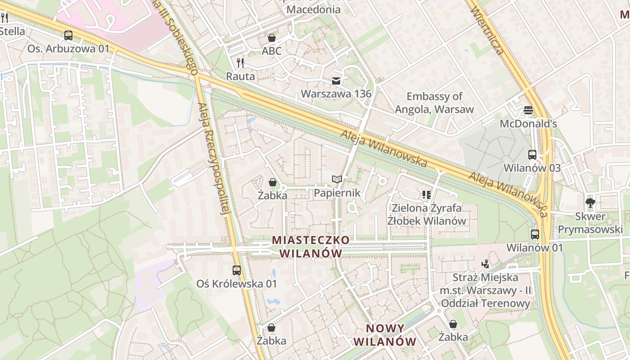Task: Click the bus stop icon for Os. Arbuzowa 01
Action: [x=68, y=35]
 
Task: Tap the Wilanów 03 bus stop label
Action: [x=532, y=168]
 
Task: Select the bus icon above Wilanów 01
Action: [x=535, y=234]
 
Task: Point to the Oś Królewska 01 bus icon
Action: [x=237, y=270]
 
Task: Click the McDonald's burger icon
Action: [x=528, y=110]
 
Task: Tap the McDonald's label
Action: [x=528, y=124]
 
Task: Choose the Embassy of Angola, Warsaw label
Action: [x=434, y=103]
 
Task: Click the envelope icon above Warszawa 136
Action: [x=336, y=81]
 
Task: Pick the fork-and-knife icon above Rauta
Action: [x=240, y=63]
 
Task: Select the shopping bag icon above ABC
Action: [x=272, y=38]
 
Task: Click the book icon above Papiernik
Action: [x=337, y=180]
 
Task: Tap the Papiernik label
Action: [x=337, y=193]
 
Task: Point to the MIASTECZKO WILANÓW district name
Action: [x=310, y=247]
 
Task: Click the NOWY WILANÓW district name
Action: [x=385, y=335]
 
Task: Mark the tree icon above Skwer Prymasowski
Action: [x=590, y=203]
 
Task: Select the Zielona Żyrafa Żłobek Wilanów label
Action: [x=427, y=214]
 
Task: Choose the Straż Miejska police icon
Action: [x=485, y=264]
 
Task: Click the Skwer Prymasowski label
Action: [x=590, y=223]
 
